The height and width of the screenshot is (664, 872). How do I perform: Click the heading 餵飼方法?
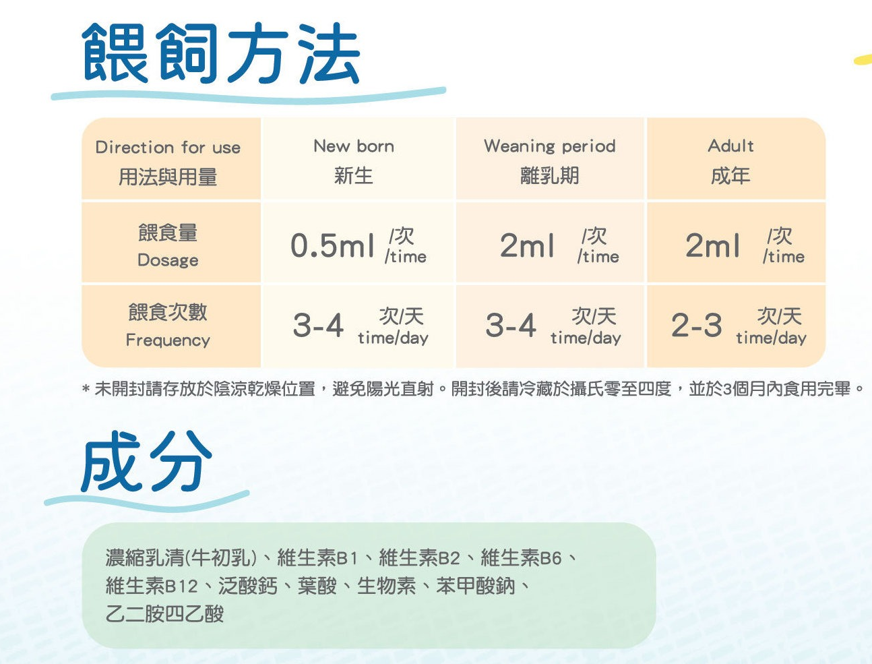[221, 54]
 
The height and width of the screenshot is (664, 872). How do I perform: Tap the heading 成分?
[146, 461]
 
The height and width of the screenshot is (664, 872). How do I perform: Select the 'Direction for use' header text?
[168, 148]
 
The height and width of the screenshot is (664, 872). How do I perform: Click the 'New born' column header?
[354, 146]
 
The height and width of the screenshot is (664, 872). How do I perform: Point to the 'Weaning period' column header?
[550, 146]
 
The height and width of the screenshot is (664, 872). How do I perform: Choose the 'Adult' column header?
[730, 146]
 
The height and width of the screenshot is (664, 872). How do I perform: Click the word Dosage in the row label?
[168, 260]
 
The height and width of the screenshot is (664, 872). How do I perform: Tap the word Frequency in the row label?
[168, 340]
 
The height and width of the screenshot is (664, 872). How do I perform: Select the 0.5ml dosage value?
[332, 245]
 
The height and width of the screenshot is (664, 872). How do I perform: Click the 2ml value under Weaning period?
[527, 245]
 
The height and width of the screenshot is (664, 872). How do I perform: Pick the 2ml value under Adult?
[712, 245]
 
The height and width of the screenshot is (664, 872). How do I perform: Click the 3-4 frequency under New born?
[318, 325]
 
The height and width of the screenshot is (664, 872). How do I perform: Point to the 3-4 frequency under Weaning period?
[511, 325]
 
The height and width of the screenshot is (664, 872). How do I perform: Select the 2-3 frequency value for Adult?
[696, 325]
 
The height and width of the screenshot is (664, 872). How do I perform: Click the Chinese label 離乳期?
[550, 176]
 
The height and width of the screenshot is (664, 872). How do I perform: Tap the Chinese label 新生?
[354, 176]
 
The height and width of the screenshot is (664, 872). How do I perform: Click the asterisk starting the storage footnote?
[86, 389]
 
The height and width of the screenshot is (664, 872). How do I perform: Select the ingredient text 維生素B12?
[152, 586]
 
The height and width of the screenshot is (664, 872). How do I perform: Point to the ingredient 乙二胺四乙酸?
[165, 614]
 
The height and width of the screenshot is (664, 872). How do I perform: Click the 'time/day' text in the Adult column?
[771, 338]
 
